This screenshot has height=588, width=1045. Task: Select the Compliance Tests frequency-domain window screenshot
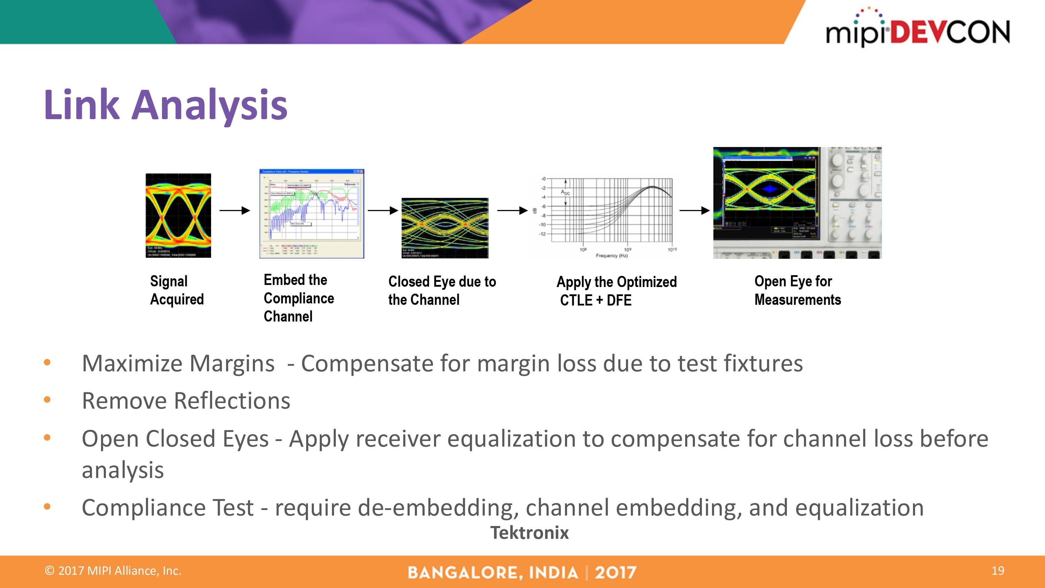point(311,214)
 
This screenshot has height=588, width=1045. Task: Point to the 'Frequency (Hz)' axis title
point(611,256)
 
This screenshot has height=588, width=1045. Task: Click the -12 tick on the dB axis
point(542,234)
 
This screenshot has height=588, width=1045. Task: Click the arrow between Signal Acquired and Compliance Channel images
point(234,210)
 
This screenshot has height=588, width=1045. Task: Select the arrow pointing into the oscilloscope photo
point(694,210)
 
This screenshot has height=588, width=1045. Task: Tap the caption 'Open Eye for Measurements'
point(797,290)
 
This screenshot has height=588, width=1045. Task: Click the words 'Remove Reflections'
point(186,401)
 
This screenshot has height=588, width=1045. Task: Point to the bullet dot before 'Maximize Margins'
point(47,362)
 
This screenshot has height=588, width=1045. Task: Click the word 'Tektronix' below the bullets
point(529,533)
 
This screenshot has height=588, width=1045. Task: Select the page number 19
point(998,571)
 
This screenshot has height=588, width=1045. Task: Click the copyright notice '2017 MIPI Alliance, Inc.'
point(113,571)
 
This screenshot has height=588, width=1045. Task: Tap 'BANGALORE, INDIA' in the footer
point(493,573)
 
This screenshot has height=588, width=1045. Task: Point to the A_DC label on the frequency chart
point(565,192)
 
